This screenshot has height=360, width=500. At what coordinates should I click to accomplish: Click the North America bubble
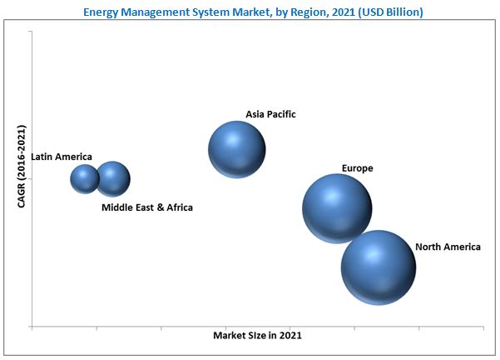(378, 267)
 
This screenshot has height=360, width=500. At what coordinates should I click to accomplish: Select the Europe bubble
(336, 208)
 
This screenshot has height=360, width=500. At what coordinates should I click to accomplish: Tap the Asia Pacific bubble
(237, 150)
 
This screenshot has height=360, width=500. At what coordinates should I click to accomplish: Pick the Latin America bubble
(85, 178)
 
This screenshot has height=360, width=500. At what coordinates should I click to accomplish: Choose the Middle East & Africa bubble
(113, 178)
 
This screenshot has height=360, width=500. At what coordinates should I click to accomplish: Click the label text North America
(448, 247)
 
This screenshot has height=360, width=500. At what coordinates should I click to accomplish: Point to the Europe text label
(357, 168)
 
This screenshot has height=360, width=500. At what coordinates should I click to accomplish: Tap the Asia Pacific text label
(270, 113)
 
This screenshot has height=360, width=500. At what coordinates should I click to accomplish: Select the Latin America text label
(62, 156)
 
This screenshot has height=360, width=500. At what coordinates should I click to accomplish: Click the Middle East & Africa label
(146, 207)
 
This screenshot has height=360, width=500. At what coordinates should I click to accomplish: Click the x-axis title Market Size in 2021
(257, 335)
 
